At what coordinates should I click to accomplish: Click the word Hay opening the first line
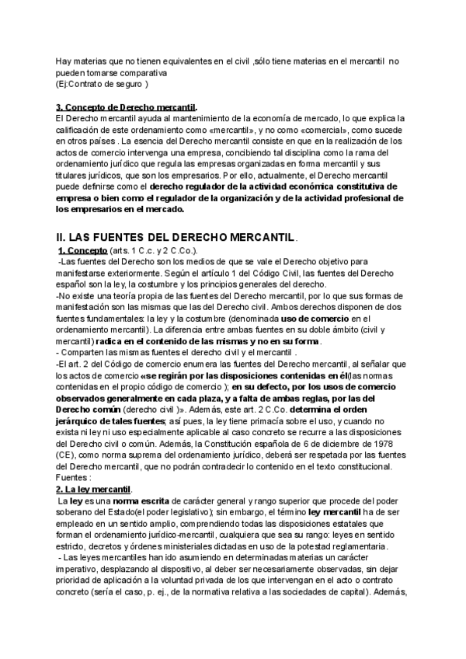pos(63,62)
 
